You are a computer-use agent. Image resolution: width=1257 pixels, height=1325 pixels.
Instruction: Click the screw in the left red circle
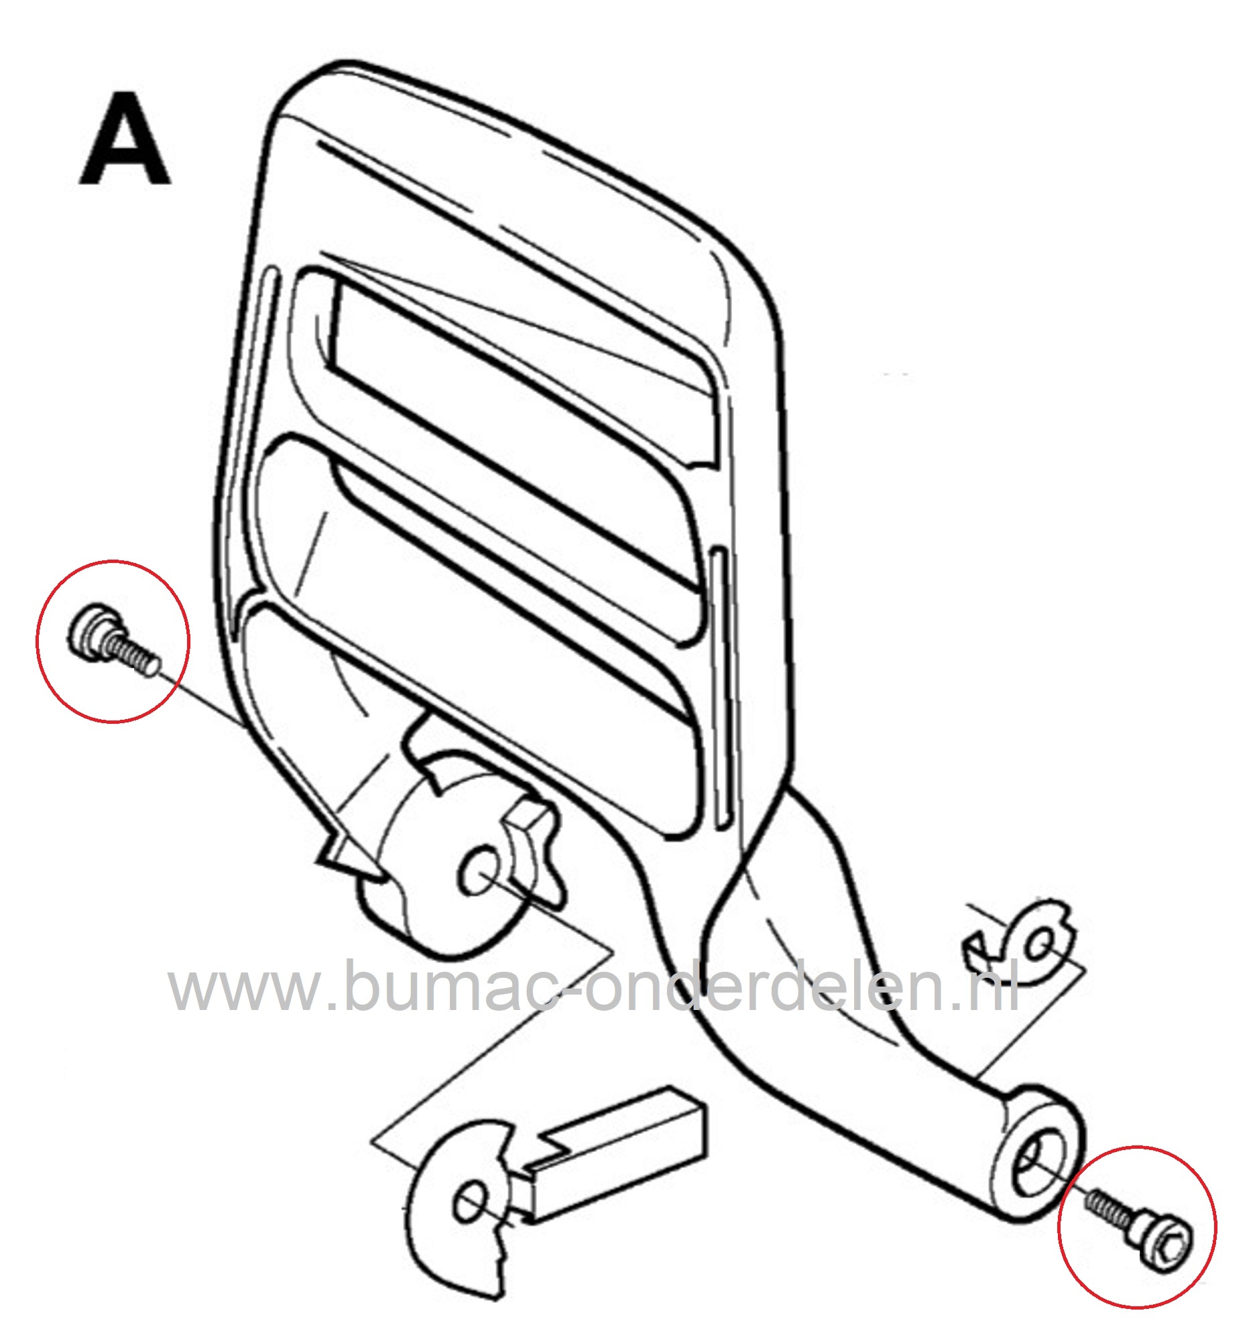[x=113, y=641]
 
